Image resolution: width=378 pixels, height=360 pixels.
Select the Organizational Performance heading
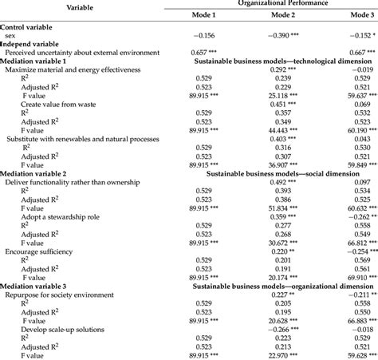click(x=278, y=3)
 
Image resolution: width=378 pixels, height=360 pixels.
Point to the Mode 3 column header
click(x=354, y=16)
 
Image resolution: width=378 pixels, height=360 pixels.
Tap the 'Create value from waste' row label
click(x=67, y=104)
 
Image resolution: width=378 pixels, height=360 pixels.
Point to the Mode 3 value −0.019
click(x=355, y=69)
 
